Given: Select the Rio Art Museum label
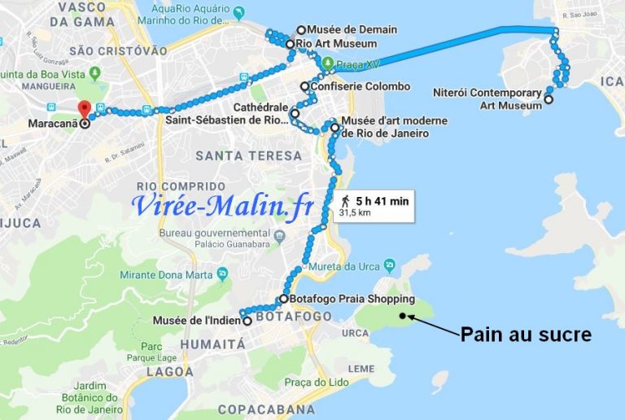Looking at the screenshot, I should [335, 43].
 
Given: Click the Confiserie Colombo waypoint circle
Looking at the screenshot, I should [304, 86].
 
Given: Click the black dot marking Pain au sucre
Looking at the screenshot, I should [401, 315].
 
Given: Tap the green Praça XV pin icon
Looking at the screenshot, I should [327, 63].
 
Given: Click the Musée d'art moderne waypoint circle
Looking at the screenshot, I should [334, 127].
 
